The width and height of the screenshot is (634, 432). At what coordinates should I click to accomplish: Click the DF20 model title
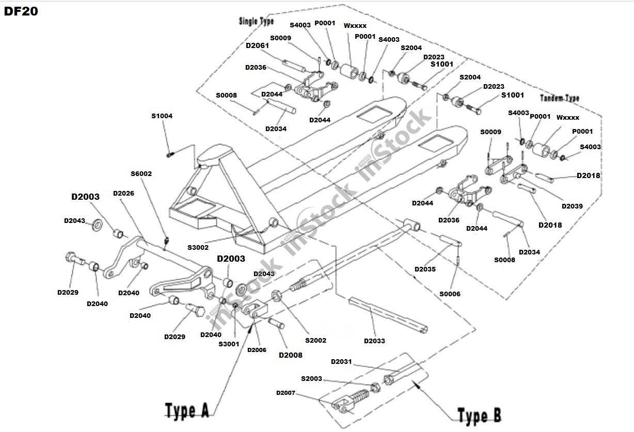pyautogui.click(x=21, y=11)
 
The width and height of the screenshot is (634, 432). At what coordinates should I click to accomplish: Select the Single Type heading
pyautogui.click(x=256, y=21)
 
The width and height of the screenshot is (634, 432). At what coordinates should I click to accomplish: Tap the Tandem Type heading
pyautogui.click(x=560, y=98)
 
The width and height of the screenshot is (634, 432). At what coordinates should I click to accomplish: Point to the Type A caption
pyautogui.click(x=187, y=410)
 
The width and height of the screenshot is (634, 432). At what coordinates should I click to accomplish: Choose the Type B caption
pyautogui.click(x=479, y=415)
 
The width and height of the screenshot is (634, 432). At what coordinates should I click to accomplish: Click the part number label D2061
pyautogui.click(x=257, y=45)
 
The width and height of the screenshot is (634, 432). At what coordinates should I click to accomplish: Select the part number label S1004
pyautogui.click(x=162, y=116)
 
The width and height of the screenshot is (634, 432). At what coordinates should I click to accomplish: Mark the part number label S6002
pyautogui.click(x=141, y=174)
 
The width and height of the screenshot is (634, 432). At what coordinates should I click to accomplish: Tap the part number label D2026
pyautogui.click(x=123, y=194)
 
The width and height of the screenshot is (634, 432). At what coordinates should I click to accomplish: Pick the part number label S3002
pyautogui.click(x=198, y=248)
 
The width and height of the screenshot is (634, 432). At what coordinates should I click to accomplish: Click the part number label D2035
pyautogui.click(x=425, y=269)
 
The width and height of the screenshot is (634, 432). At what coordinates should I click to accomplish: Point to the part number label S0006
pyautogui.click(x=450, y=294)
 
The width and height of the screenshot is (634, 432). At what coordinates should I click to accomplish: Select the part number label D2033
pyautogui.click(x=374, y=341)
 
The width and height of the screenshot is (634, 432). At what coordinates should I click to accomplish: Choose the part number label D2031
pyautogui.click(x=341, y=361)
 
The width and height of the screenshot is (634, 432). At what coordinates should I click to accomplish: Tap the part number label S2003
pyautogui.click(x=311, y=378)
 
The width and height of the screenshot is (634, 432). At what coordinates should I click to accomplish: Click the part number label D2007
pyautogui.click(x=286, y=393)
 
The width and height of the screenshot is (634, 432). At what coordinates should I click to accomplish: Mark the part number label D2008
pyautogui.click(x=291, y=355)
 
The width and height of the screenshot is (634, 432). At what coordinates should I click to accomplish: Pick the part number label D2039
pyautogui.click(x=572, y=206)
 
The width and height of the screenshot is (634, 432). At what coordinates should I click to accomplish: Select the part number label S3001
pyautogui.click(x=229, y=344)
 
